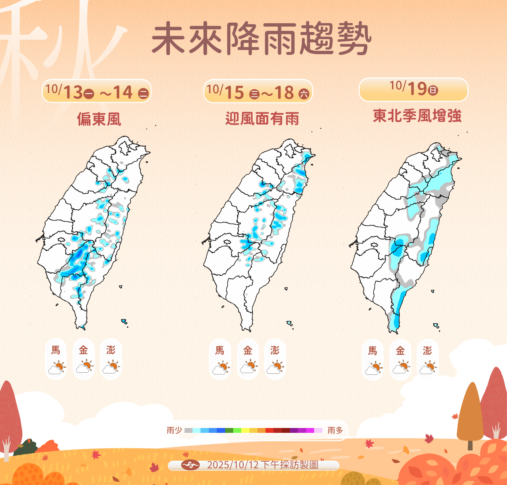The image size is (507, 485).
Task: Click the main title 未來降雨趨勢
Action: click(261, 38)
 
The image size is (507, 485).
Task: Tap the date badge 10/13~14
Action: click(97, 91)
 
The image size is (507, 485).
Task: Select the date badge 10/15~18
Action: click(258, 92)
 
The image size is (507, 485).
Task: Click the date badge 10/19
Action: click(413, 89)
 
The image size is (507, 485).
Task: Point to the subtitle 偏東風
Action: click(99, 119)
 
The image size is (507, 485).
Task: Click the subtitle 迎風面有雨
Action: click(262, 119)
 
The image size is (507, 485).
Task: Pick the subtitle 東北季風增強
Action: click(417, 116)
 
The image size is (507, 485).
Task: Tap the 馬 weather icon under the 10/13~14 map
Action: click(57, 367)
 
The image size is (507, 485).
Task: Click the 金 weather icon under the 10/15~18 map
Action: click(248, 367)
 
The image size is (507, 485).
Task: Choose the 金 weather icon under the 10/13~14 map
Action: click(84, 367)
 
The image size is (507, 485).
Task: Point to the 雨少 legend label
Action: click(174, 430)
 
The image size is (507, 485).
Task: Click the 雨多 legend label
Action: click(335, 430)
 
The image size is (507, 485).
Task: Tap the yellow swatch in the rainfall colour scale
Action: click(245, 430)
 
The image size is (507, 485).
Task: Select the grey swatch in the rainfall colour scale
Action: click(188, 430)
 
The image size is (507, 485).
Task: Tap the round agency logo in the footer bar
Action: click(190, 465)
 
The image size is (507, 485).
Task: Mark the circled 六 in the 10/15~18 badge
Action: click(304, 94)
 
